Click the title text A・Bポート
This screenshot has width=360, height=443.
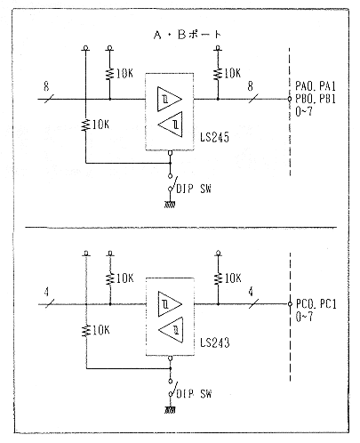(x=188, y=35)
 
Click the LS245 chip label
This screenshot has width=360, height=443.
(x=214, y=137)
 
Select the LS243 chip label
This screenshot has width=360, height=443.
(x=215, y=342)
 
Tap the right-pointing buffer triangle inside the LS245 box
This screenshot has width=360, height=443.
(x=169, y=99)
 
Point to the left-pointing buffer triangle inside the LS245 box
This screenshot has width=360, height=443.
(x=170, y=125)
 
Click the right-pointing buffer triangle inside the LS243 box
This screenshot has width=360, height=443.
(x=170, y=304)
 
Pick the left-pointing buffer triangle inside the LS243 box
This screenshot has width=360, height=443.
(x=171, y=330)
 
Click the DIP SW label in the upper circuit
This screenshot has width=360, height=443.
(x=194, y=189)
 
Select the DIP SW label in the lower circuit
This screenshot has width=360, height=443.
(x=194, y=394)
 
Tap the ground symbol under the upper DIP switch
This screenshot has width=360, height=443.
(x=170, y=205)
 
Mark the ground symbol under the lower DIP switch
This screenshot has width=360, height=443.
(x=170, y=410)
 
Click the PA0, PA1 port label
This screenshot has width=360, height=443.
(x=316, y=86)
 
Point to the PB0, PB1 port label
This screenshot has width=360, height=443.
(x=316, y=99)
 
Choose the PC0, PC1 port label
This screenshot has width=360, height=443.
(x=316, y=304)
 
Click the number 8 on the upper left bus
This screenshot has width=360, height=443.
(x=46, y=86)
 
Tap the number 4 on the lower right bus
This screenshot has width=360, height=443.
(x=251, y=292)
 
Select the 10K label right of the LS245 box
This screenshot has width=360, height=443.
(x=232, y=73)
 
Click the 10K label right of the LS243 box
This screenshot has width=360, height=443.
(x=233, y=278)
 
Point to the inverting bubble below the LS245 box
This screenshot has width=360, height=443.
(x=170, y=153)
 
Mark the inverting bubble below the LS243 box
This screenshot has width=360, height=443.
(x=170, y=358)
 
